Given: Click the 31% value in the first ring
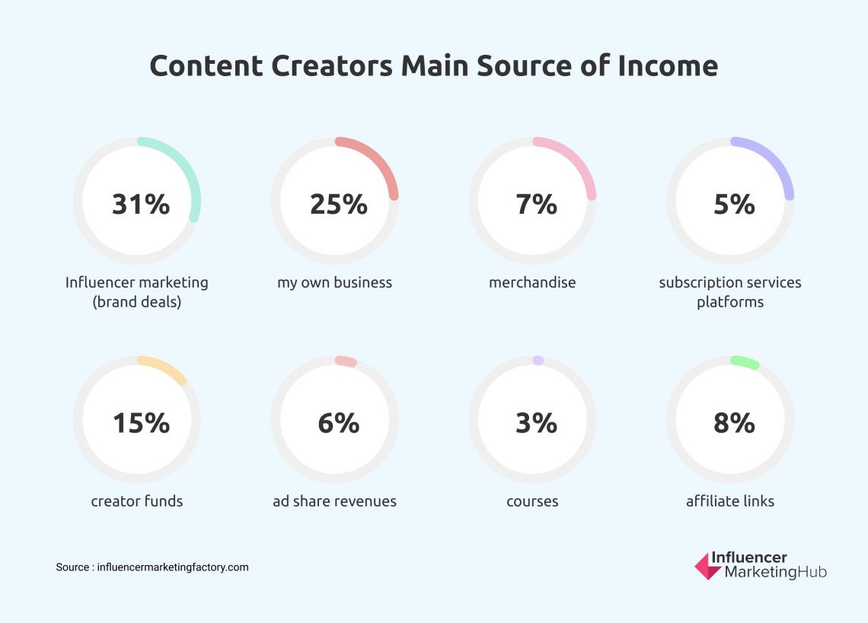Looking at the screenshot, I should [x=141, y=204].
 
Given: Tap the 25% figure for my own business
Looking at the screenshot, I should [x=338, y=204].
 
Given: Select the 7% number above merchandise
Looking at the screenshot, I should [x=536, y=204].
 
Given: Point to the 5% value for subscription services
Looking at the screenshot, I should [x=734, y=204].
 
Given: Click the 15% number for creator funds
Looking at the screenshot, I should [x=141, y=423].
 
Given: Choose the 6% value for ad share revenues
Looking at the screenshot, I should [x=338, y=423].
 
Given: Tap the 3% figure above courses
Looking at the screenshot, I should [x=536, y=423].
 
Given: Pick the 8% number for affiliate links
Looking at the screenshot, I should [x=734, y=423].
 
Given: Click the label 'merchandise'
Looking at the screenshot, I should [x=532, y=283].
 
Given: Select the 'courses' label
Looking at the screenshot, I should [x=532, y=501].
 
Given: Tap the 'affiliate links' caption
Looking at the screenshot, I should [x=729, y=501].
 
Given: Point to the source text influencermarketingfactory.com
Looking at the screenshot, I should [x=173, y=567].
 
